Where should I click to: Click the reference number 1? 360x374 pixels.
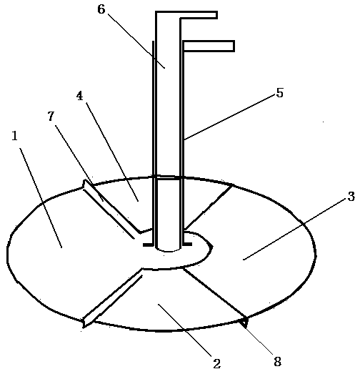pyautogui.click(x=15, y=136)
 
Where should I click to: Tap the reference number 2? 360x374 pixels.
pyautogui.click(x=217, y=364)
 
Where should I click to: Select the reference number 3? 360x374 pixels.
pyautogui.click(x=351, y=197)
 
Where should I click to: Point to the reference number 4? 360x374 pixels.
pyautogui.click(x=79, y=96)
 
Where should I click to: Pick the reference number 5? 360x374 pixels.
pyautogui.click(x=279, y=93)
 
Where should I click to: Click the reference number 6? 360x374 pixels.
pyautogui.click(x=101, y=9)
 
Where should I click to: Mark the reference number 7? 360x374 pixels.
pyautogui.click(x=51, y=117)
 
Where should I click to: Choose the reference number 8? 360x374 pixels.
pyautogui.click(x=278, y=362)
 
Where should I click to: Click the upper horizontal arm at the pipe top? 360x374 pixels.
pyautogui.click(x=199, y=15)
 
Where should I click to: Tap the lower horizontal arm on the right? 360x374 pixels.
pyautogui.click(x=209, y=46)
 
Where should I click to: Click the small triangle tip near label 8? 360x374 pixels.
pyautogui.click(x=244, y=323)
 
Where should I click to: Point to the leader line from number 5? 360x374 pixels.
pyautogui.click(x=230, y=117)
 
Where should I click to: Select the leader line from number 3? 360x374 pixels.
pyautogui.click(x=295, y=230)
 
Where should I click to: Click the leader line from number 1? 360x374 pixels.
pyautogui.click(x=41, y=198)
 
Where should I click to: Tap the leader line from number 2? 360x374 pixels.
pyautogui.click(x=185, y=330)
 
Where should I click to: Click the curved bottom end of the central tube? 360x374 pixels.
pyautogui.click(x=169, y=250)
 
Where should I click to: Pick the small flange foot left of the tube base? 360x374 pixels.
pyautogui.click(x=149, y=245)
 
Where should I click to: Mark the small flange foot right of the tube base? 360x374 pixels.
pyautogui.click(x=187, y=244)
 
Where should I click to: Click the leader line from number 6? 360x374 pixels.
pyautogui.click(x=136, y=41)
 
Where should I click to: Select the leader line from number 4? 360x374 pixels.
pyautogui.click(x=112, y=152)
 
